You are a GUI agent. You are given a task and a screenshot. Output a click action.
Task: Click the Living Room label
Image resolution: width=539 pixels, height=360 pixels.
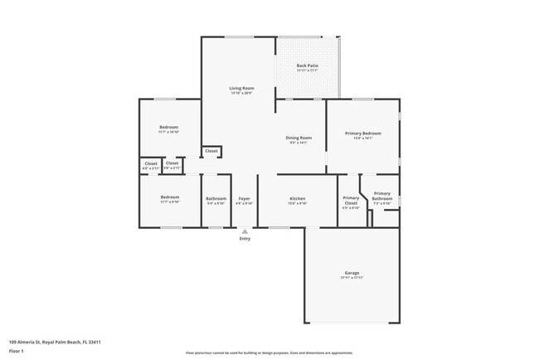click(x=241, y=88)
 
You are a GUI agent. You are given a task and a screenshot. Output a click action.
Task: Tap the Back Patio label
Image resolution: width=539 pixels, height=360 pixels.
click(x=308, y=66)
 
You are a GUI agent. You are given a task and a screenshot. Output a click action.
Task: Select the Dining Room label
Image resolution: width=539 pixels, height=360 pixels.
click(x=299, y=138)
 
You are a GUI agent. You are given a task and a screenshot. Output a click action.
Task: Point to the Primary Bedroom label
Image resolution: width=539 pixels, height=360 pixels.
click(x=363, y=134)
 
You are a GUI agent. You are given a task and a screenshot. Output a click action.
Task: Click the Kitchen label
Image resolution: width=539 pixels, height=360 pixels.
click(x=298, y=198)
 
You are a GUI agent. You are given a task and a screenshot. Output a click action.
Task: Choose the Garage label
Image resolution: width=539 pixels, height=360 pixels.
click(x=352, y=273)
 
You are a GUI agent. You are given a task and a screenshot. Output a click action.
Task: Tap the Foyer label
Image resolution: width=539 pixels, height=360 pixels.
click(x=244, y=198)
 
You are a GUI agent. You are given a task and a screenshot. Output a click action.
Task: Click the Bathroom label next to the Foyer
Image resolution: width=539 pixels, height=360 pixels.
click(x=216, y=198)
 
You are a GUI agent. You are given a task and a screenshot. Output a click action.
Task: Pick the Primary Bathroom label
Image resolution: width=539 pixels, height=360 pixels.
click(x=381, y=197)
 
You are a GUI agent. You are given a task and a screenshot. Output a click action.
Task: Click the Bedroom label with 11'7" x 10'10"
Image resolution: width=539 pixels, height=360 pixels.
click(x=169, y=127)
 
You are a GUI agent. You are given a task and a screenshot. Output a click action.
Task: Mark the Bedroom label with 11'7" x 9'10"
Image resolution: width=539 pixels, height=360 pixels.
click(x=169, y=198)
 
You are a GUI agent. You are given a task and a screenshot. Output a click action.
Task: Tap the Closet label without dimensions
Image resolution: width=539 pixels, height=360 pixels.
click(x=211, y=151)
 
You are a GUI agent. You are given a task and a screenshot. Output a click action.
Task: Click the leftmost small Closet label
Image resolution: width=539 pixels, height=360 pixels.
click(x=151, y=163)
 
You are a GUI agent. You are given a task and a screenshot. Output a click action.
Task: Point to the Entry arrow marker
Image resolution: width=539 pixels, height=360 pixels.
click(x=245, y=231)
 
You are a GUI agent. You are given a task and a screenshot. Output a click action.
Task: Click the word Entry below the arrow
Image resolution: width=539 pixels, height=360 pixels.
click(x=245, y=239)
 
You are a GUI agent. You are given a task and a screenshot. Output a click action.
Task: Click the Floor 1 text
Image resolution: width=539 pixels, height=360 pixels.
click(x=17, y=351)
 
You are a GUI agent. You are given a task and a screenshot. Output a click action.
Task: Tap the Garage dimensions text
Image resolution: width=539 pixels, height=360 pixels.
click(x=352, y=277)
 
